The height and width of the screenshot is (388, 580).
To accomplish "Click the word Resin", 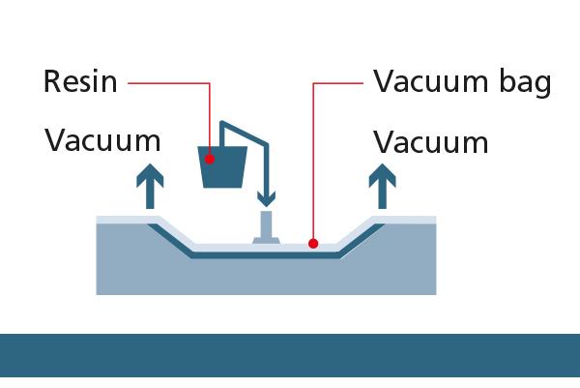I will coord(80,81).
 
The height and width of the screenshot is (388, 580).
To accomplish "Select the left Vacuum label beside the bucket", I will coord(102,141).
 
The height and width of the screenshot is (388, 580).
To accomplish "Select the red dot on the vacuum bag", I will coord(313,244).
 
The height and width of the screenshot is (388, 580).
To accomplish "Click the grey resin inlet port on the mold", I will coord(267,230).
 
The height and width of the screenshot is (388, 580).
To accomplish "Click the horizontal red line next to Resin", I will coord(164,82).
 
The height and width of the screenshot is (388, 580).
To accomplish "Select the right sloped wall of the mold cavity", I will coord(360,236).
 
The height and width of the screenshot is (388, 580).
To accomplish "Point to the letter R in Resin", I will coord(52,81).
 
